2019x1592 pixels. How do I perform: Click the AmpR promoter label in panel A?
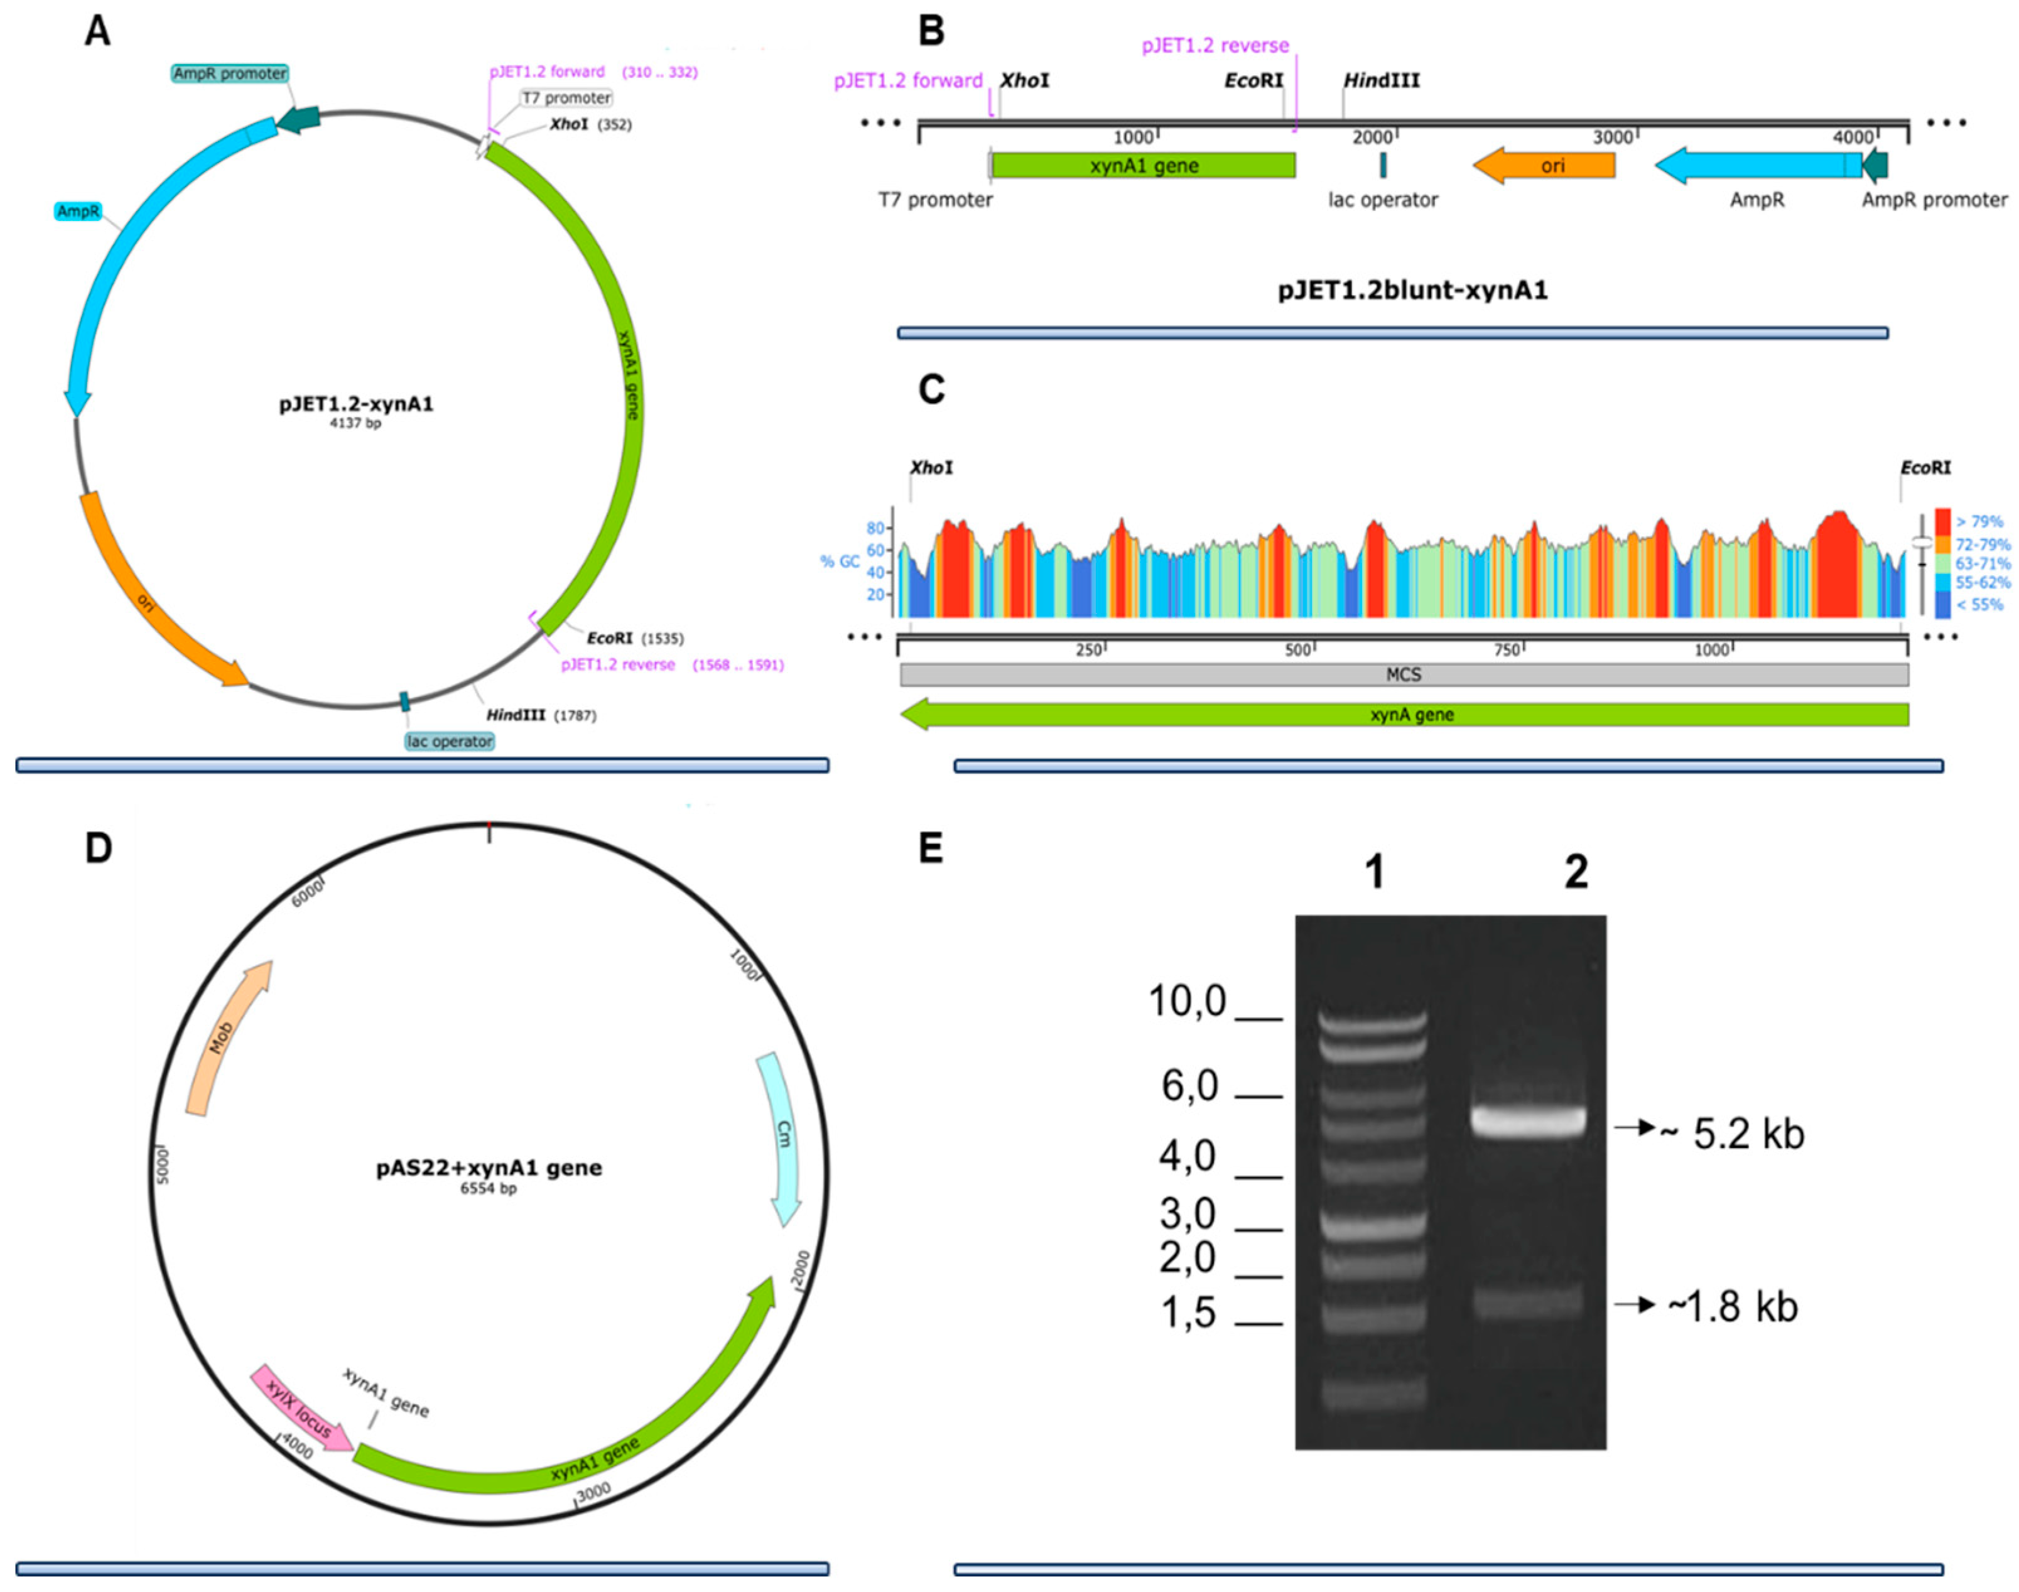tap(229, 73)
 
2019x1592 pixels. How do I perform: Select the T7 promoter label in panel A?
tap(566, 98)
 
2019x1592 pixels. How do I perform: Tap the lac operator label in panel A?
tap(449, 741)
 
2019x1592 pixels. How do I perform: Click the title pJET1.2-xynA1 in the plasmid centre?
tap(355, 404)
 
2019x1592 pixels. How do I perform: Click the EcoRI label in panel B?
tap(1253, 81)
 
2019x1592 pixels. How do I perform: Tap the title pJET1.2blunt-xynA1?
tap(1412, 291)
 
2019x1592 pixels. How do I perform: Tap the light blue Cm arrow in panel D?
tap(783, 1137)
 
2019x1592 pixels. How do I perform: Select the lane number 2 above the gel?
tap(1575, 872)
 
